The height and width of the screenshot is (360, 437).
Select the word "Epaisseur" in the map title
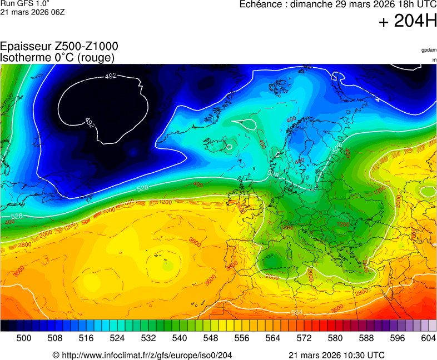[x=25, y=47]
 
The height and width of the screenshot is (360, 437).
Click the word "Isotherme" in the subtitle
[x=25, y=57]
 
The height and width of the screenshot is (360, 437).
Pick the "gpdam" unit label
[x=429, y=50]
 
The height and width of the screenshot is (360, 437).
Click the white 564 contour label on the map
[x=297, y=313]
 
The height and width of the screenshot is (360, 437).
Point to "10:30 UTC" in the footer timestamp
[x=362, y=355]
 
